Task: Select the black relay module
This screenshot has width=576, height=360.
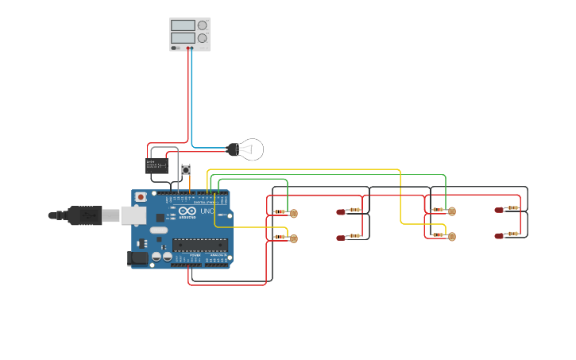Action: (156, 165)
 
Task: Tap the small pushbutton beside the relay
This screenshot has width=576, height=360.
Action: (186, 169)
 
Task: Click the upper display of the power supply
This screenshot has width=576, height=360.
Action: (183, 25)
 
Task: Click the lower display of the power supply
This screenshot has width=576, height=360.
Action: (183, 38)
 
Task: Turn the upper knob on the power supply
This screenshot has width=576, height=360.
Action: (202, 25)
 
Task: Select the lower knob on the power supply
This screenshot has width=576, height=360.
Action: (202, 38)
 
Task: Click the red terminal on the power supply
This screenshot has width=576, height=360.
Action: (188, 48)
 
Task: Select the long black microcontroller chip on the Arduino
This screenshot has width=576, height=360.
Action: (199, 245)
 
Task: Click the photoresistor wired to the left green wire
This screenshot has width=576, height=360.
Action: (293, 213)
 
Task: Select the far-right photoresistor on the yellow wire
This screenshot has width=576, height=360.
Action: (451, 236)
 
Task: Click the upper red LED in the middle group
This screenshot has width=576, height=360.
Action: (341, 211)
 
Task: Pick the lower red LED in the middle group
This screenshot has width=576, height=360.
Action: (341, 238)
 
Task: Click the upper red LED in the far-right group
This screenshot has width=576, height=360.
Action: (499, 210)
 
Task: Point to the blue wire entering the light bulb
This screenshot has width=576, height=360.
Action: (211, 148)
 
